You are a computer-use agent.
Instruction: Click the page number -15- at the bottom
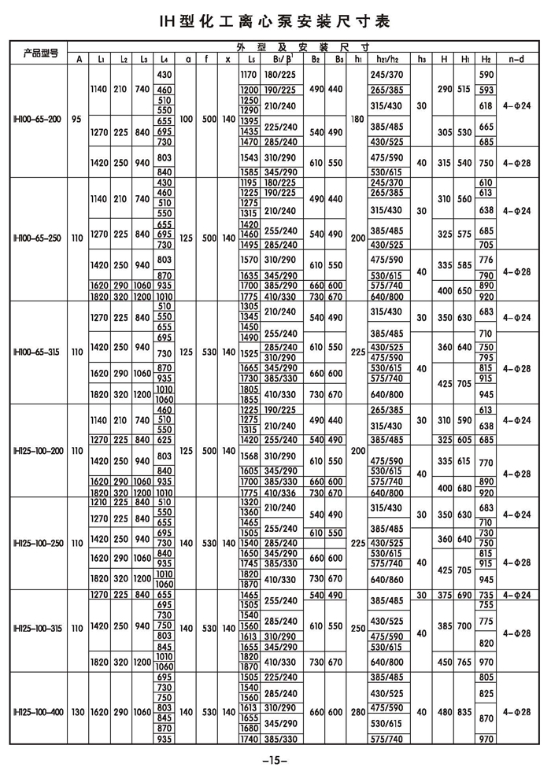[x=275, y=759]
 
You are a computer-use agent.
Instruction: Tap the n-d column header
[x=516, y=58]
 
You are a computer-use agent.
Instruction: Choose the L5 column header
[x=250, y=58]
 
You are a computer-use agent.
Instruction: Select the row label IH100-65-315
[x=40, y=351]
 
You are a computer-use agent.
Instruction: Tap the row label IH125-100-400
[x=40, y=712]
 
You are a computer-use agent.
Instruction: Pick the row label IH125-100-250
[x=40, y=542]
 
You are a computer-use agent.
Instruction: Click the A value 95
[x=77, y=119]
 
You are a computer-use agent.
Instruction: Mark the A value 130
[x=77, y=712]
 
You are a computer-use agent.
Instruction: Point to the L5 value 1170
[x=250, y=73]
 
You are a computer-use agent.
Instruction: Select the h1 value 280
[x=358, y=712]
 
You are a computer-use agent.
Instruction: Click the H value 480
[x=445, y=712]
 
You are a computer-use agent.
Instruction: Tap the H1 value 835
[x=465, y=712]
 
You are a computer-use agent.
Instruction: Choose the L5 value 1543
[x=250, y=158]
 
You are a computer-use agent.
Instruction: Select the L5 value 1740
[x=250, y=739]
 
